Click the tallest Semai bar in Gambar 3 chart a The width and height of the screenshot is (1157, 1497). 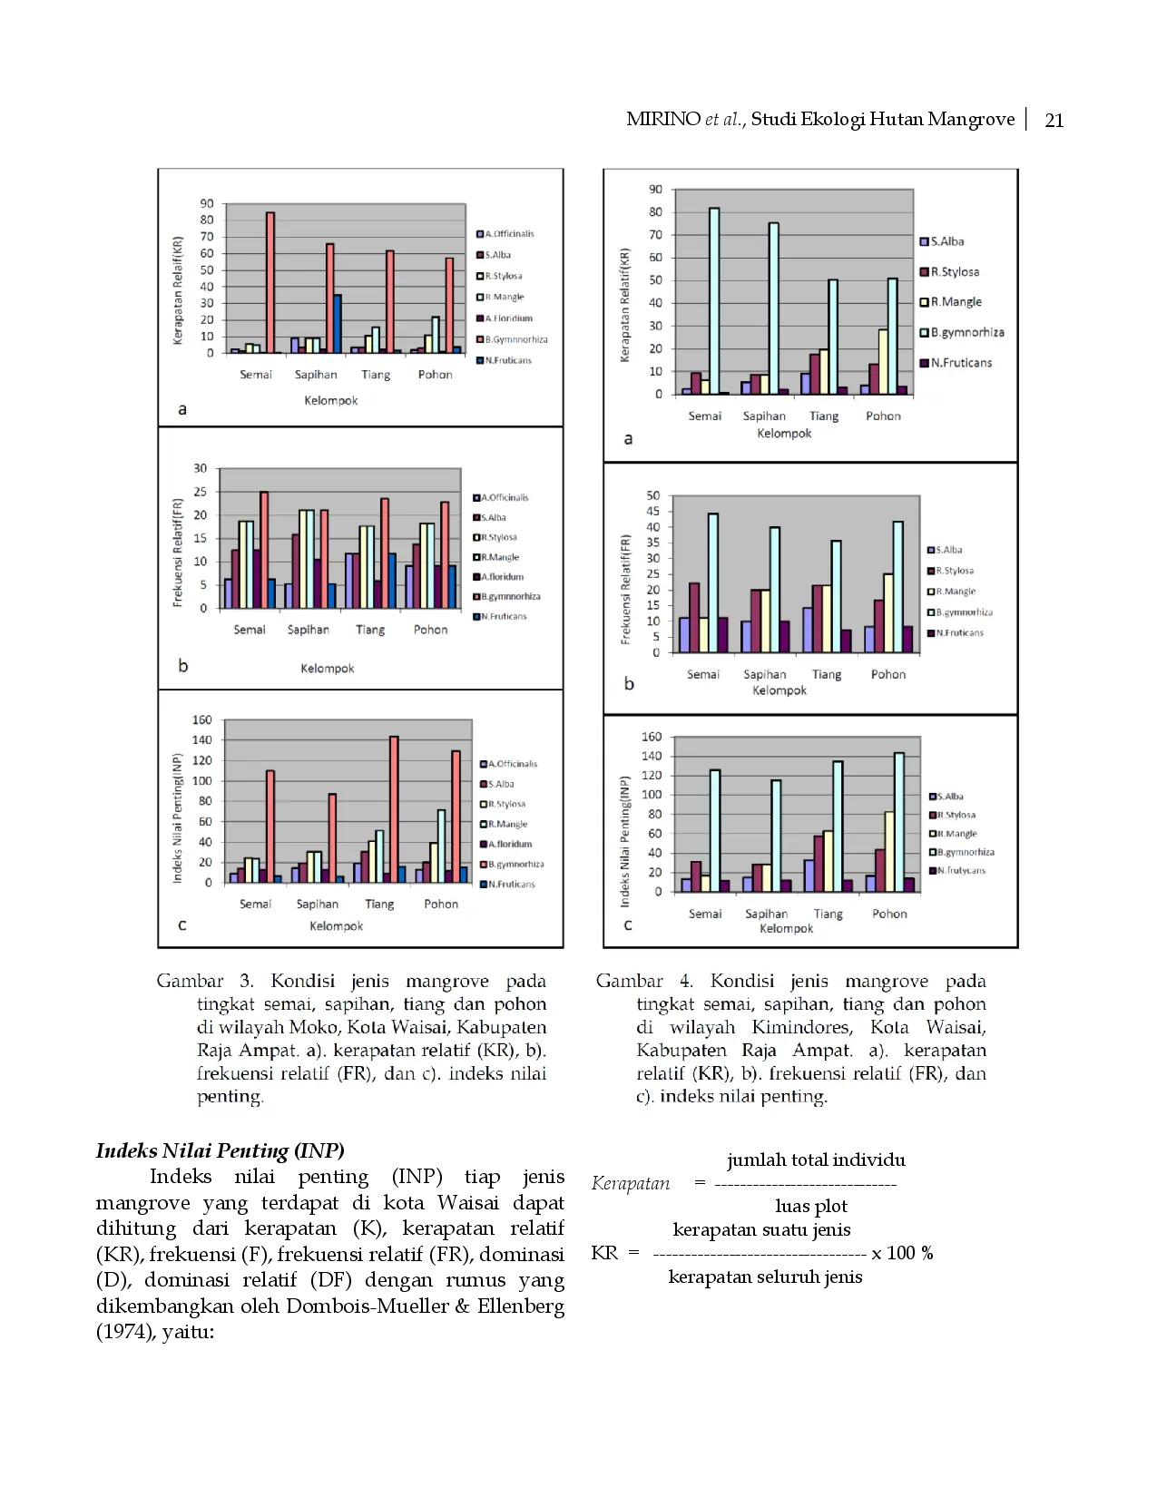click(x=270, y=282)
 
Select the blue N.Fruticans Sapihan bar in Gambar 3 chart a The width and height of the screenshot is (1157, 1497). click(x=337, y=323)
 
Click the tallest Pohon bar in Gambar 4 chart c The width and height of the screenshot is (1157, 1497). click(x=899, y=822)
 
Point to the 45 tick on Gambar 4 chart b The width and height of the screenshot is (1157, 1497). click(x=653, y=512)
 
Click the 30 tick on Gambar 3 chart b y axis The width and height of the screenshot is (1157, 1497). click(x=201, y=468)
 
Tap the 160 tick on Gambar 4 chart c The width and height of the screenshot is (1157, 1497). click(x=652, y=737)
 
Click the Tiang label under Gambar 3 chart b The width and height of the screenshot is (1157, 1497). click(x=370, y=630)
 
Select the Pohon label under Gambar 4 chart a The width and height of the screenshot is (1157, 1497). click(x=883, y=416)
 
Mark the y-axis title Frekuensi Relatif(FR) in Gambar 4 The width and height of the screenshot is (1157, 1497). click(x=625, y=590)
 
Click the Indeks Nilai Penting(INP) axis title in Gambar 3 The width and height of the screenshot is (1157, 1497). click(x=178, y=817)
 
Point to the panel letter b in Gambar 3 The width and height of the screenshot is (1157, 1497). click(x=183, y=666)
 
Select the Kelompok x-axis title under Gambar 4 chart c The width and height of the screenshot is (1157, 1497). click(x=786, y=929)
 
